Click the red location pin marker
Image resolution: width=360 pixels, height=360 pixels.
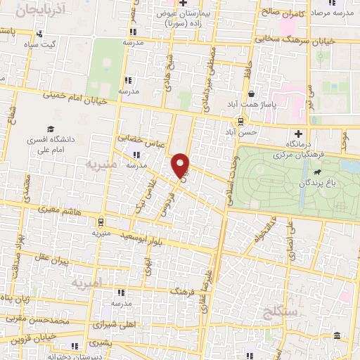point(181,165)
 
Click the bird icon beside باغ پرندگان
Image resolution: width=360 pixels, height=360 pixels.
point(318,172)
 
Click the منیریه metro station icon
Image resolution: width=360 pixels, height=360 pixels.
point(100,219)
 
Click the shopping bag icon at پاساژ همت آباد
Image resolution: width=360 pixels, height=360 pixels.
point(250,93)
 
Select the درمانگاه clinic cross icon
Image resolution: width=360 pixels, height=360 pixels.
point(299,132)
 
